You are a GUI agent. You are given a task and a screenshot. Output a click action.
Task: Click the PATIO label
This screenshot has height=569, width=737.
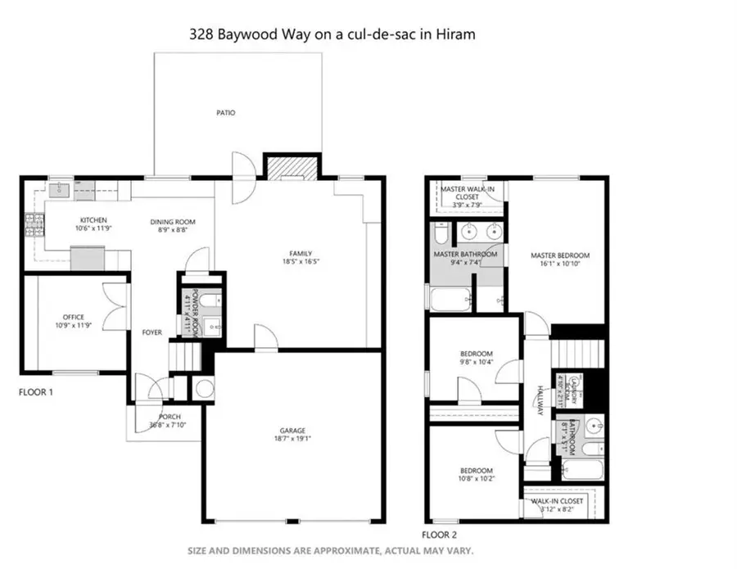click(226, 113)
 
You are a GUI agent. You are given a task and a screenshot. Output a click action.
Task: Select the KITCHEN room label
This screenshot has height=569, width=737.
click(93, 220)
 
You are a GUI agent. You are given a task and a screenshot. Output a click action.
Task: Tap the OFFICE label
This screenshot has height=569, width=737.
click(74, 317)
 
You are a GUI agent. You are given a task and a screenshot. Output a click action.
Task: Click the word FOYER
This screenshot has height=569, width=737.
click(151, 332)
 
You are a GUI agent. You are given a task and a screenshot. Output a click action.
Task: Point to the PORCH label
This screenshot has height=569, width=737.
click(170, 417)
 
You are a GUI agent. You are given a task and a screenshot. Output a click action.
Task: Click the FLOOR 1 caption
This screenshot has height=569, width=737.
click(36, 393)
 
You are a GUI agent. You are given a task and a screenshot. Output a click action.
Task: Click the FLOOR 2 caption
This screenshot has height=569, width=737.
click(439, 534)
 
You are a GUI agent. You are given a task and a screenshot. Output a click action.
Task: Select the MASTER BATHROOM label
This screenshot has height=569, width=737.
click(465, 255)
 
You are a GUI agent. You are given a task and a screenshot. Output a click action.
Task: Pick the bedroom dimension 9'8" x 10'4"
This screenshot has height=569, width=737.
click(475, 362)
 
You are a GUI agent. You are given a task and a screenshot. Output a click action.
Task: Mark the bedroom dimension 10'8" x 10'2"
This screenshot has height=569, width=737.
click(476, 478)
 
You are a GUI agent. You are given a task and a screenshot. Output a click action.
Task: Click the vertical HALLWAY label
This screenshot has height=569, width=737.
click(540, 401)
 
